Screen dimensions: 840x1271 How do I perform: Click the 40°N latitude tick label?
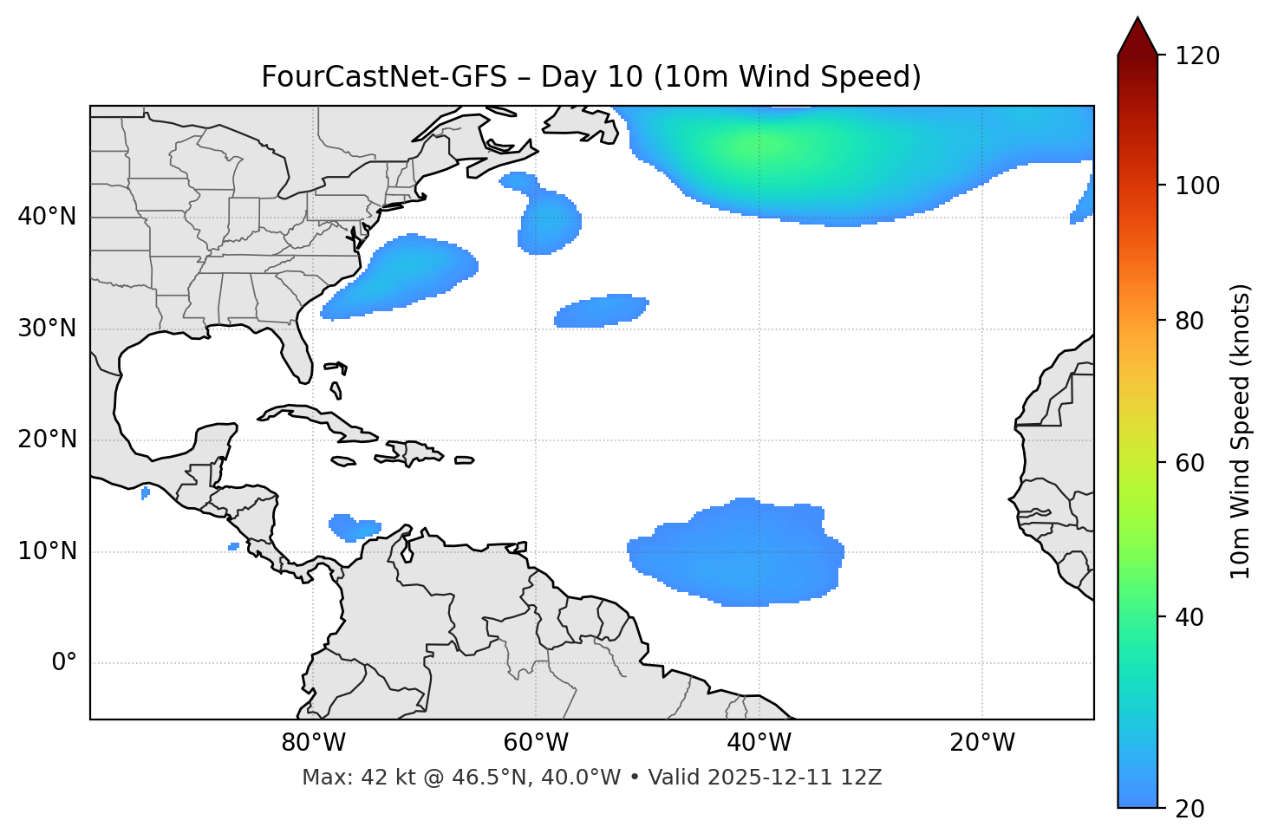click(47, 217)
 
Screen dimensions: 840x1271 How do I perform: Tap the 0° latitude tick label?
click(63, 663)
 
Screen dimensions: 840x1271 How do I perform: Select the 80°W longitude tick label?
click(313, 743)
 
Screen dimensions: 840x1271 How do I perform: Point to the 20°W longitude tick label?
click(982, 743)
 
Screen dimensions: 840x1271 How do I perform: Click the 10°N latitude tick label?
click(47, 551)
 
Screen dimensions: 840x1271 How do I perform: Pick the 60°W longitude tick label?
click(536, 743)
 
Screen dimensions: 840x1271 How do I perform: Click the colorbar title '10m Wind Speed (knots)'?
click(1241, 431)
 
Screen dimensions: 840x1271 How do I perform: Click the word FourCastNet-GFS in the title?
click(383, 77)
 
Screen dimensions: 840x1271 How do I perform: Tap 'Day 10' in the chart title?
click(592, 77)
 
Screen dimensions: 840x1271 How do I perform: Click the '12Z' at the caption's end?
click(864, 778)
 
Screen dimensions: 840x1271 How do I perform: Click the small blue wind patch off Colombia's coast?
click(353, 526)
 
